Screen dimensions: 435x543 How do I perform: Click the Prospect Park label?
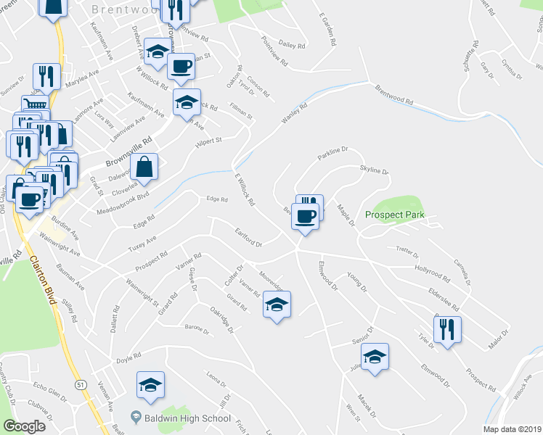point(394,215)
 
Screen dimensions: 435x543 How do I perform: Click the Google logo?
point(25,426)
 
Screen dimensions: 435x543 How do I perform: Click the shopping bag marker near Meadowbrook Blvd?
point(145,167)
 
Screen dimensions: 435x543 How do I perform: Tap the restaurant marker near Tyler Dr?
point(447,330)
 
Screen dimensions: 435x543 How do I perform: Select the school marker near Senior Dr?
point(375,357)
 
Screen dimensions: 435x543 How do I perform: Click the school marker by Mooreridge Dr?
point(276,304)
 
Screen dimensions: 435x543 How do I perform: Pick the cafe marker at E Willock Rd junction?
point(306,215)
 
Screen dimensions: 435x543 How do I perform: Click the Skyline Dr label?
point(375,170)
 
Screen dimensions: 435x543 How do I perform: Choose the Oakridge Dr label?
point(221,319)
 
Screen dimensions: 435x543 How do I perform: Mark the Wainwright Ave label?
point(60,239)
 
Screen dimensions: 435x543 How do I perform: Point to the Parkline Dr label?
point(333,153)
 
